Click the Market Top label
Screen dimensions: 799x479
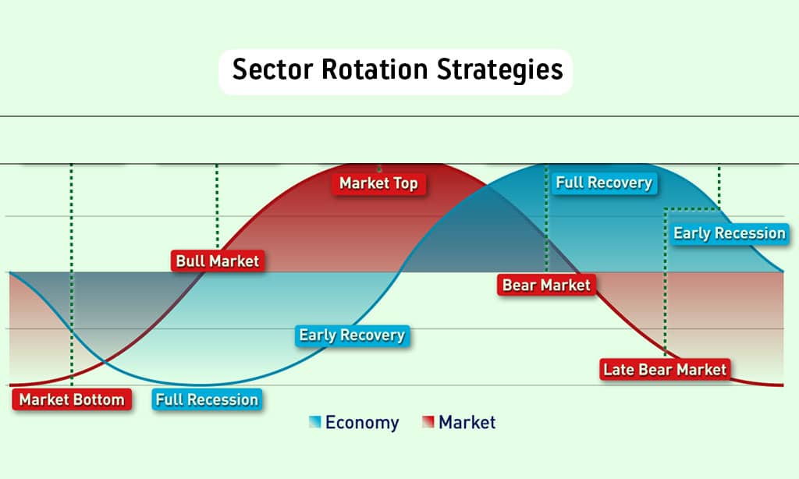(378, 183)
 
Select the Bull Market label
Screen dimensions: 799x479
(218, 261)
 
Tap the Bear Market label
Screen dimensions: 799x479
(546, 285)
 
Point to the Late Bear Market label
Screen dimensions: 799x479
(665, 370)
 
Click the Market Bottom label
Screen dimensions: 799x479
(72, 399)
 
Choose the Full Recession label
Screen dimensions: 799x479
(207, 399)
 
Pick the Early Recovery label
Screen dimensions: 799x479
(352, 335)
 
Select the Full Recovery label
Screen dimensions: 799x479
(604, 183)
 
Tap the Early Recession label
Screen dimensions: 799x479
(730, 233)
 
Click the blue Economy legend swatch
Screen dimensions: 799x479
(315, 422)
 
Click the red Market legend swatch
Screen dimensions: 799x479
(428, 422)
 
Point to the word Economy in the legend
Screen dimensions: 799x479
(362, 423)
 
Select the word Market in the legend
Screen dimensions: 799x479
(467, 422)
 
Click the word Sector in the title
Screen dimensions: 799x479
(272, 69)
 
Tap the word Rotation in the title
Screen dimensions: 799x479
(375, 69)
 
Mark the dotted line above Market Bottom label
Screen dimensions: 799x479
(71, 275)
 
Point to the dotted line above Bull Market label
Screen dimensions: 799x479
(217, 207)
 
